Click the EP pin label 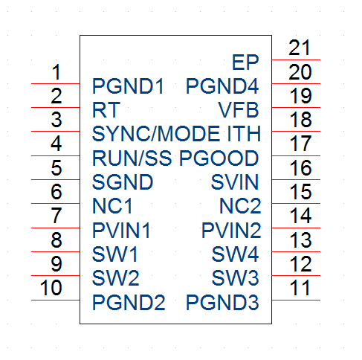tap(245, 62)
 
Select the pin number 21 tap(300, 48)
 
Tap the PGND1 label tap(128, 86)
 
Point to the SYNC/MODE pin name tap(156, 134)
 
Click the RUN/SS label tap(132, 158)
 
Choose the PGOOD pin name tap(219, 158)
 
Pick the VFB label tap(239, 110)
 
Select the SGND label tap(123, 182)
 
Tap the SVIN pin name tap(235, 182)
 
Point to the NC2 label tap(240, 206)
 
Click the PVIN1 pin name tap(121, 231)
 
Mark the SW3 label tap(236, 278)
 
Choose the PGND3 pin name tap(222, 302)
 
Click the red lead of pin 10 tap(56, 300)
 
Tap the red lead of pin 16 tap(296, 179)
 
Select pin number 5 tap(56, 168)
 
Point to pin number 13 tap(301, 240)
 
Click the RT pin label tap(106, 110)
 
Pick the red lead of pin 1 tap(56, 83)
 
